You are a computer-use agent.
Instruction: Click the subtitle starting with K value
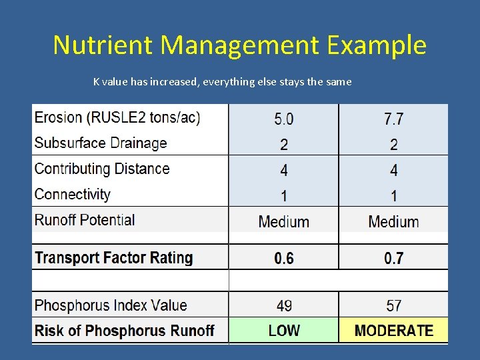222,82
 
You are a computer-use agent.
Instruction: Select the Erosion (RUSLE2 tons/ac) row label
117,118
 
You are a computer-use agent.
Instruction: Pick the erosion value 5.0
283,119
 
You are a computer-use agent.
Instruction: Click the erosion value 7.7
393,119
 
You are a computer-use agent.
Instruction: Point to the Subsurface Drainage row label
101,143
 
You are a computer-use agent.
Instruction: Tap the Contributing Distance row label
102,169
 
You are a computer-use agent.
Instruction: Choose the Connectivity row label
73,195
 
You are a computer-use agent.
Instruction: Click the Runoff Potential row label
85,220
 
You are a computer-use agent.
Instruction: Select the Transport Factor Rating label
113,258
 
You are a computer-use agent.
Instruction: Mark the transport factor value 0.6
283,259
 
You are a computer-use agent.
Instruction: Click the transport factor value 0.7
393,259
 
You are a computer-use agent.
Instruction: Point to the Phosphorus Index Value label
111,306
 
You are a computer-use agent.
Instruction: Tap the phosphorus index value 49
283,306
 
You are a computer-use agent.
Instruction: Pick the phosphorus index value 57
393,306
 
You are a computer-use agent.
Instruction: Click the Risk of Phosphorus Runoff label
124,331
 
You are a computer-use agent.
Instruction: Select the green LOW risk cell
283,331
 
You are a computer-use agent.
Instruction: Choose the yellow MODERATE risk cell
393,331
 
